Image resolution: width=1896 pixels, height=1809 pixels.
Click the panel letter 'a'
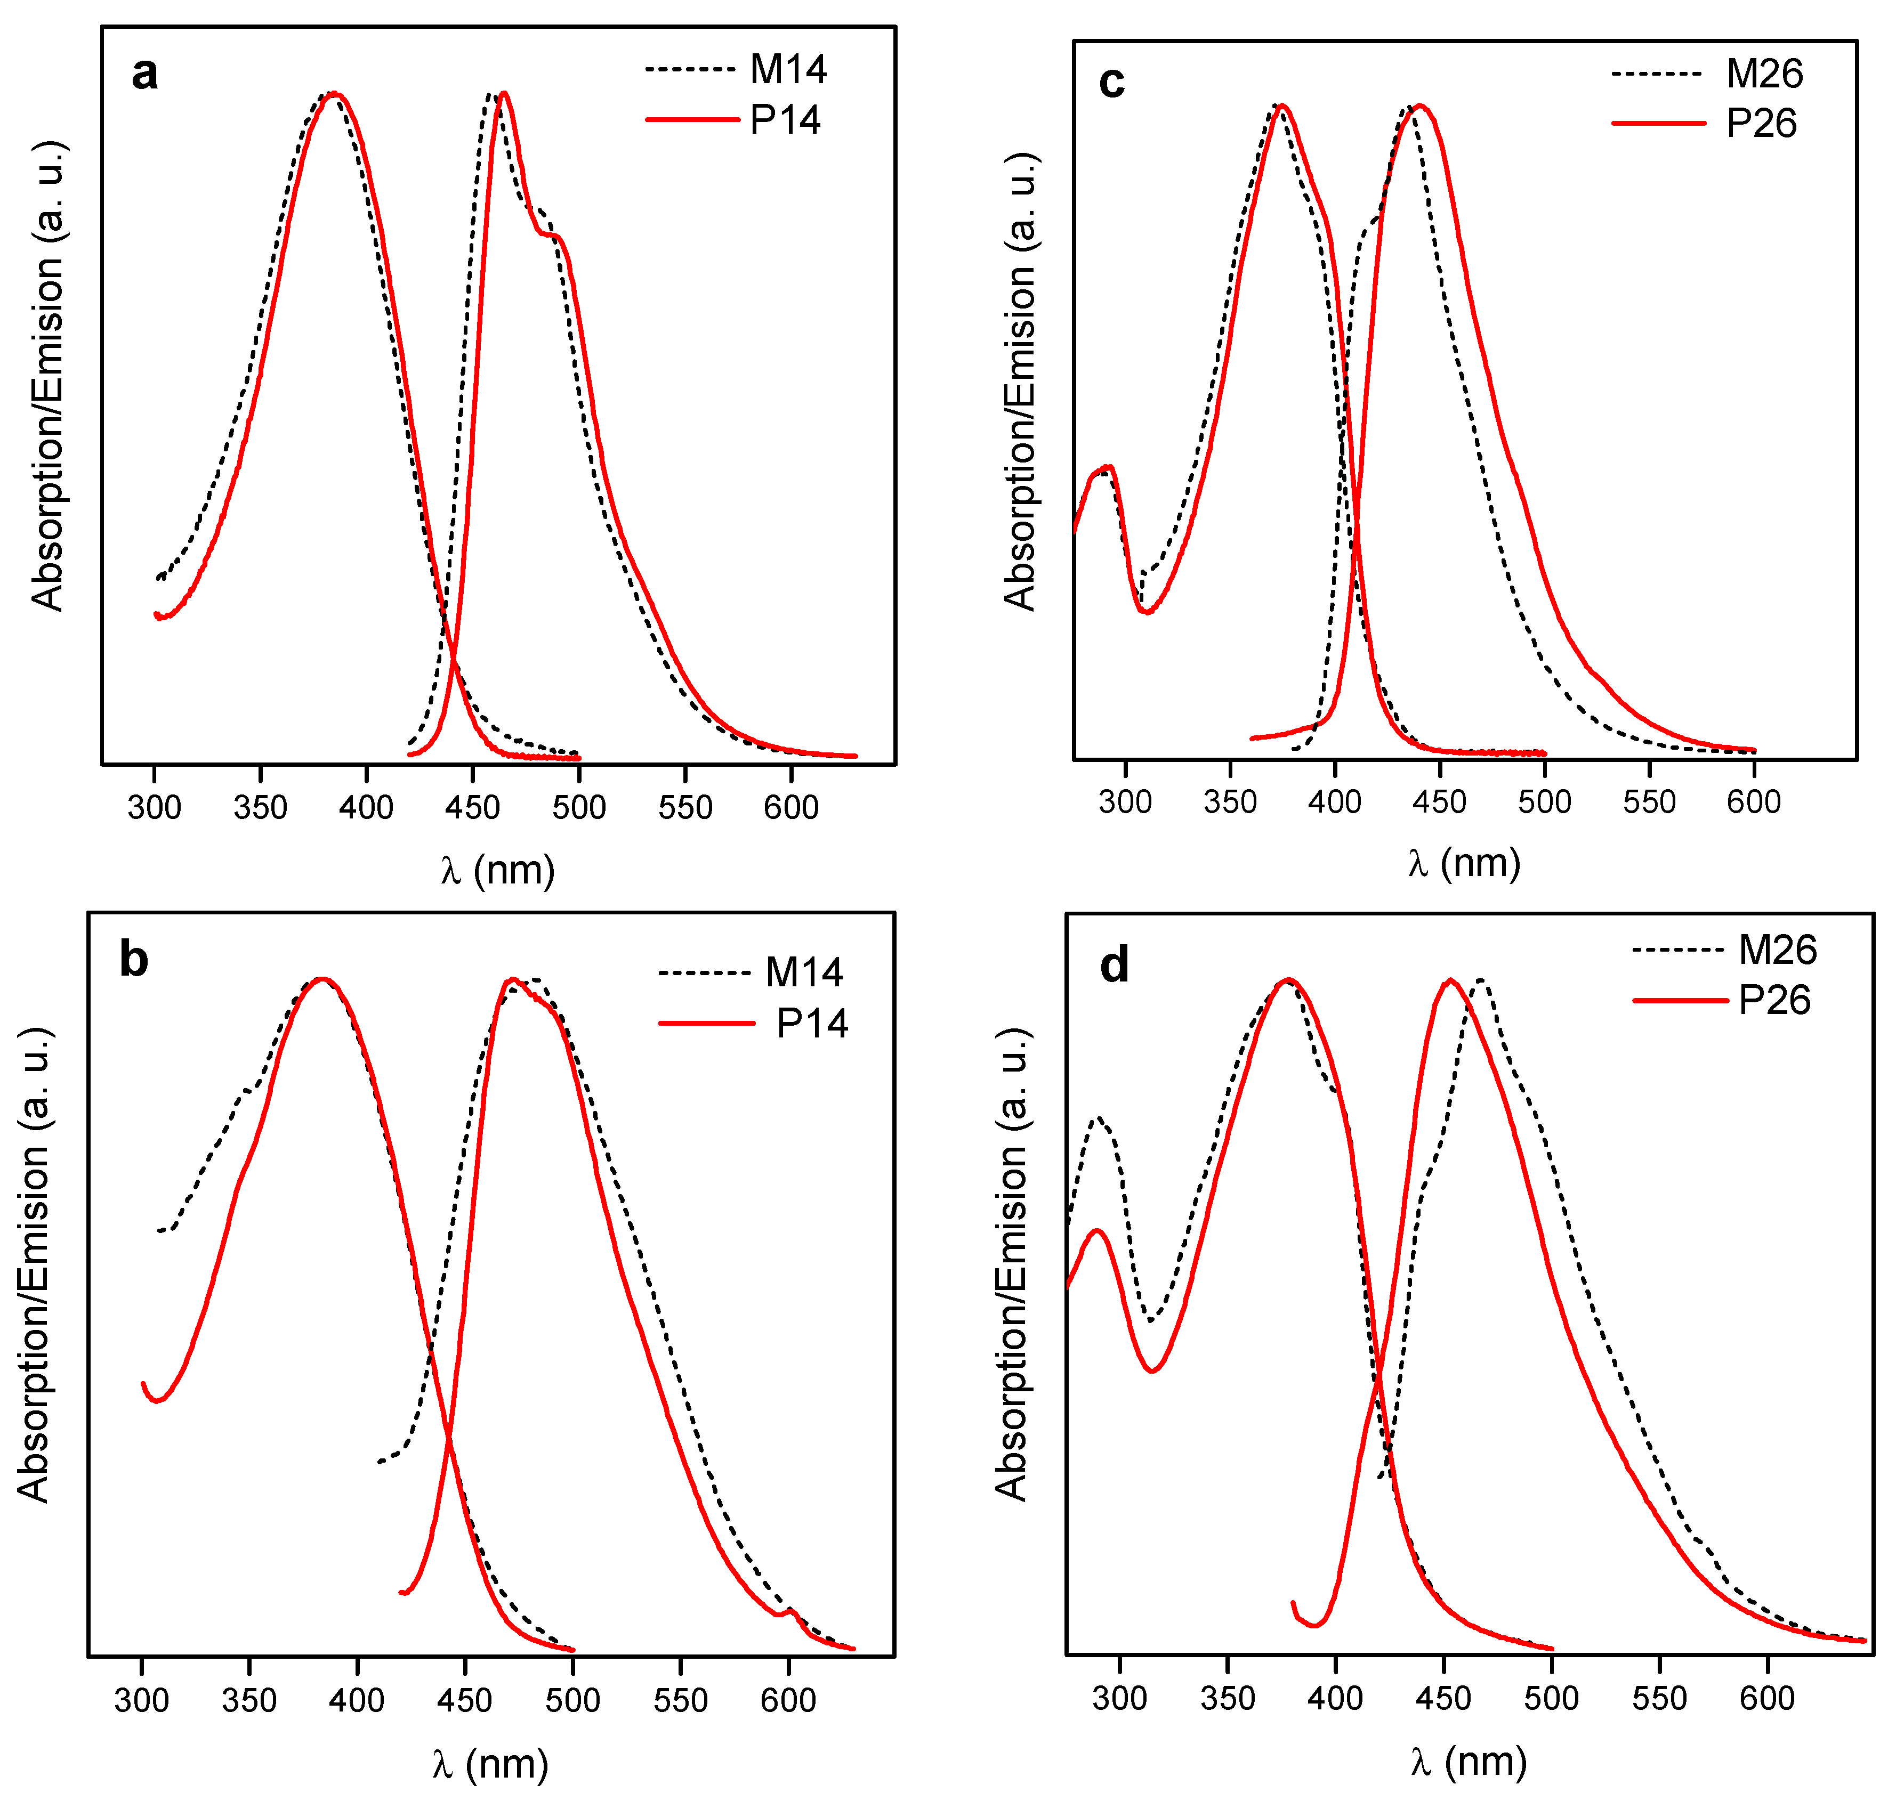coord(144,74)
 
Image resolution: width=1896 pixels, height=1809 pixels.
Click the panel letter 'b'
coord(133,960)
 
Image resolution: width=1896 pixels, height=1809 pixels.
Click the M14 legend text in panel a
coord(788,69)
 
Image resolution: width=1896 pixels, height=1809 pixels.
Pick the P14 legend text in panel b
coord(811,1023)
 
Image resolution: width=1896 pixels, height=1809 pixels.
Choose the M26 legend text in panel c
coord(1764,74)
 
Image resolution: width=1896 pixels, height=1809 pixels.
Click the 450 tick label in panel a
coord(473,807)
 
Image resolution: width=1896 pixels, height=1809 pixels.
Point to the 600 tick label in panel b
coord(788,1700)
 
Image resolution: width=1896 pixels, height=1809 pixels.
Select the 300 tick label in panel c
coord(1125,801)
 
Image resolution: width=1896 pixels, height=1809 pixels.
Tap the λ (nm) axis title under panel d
coord(1468,1761)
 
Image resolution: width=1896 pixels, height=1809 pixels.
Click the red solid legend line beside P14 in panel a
coord(691,119)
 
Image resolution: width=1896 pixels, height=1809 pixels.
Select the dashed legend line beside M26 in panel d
coord(1678,950)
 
